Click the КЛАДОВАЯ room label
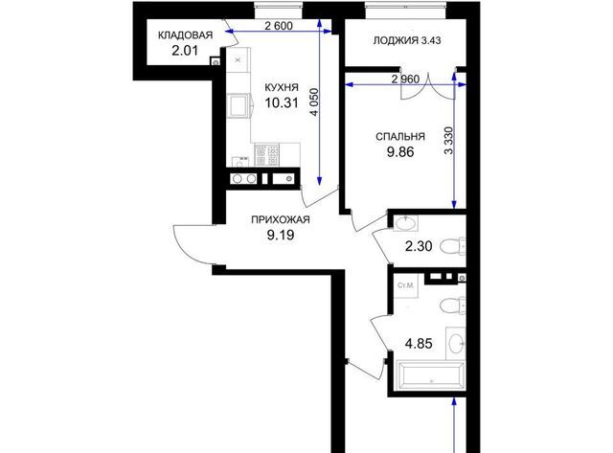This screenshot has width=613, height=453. [185, 35]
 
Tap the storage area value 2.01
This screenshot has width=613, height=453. [185, 51]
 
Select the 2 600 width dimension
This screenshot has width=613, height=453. [279, 26]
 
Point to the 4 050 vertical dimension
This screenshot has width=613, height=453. [314, 102]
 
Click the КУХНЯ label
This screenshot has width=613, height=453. [282, 87]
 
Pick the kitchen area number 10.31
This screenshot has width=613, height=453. [282, 102]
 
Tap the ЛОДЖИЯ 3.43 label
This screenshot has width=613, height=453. [407, 40]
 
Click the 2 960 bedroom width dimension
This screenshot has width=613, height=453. [405, 79]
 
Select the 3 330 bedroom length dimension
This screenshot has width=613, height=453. [449, 141]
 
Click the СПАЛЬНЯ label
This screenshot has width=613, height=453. [400, 136]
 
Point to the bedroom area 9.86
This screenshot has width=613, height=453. [400, 152]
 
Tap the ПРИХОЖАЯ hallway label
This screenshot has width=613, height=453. [281, 219]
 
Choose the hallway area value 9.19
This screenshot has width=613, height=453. [281, 236]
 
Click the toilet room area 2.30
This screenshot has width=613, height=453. [419, 247]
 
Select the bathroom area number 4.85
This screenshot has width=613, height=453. [419, 344]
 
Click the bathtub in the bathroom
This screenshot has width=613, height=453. [431, 376]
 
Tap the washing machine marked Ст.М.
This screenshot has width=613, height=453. [406, 285]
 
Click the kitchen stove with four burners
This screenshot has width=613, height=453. [267, 155]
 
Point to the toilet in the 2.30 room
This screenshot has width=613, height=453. [453, 246]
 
